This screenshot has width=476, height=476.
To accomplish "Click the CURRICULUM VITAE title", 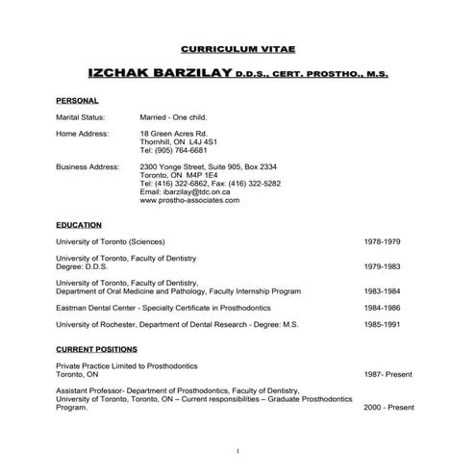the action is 238,47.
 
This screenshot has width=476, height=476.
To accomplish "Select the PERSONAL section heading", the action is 78,100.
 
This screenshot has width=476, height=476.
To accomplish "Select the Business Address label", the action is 88,166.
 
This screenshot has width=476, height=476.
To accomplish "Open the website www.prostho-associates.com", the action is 189,201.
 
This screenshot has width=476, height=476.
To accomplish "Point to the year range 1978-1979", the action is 382,240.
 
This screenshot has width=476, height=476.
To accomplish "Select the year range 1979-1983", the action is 382,266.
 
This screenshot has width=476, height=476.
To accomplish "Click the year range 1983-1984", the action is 382,291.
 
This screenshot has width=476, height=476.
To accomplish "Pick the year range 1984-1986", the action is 382,308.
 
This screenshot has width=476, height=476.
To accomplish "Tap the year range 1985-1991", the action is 382,325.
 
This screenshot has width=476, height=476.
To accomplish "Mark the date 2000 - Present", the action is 388,407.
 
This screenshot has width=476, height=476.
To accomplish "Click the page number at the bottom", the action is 238,451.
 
